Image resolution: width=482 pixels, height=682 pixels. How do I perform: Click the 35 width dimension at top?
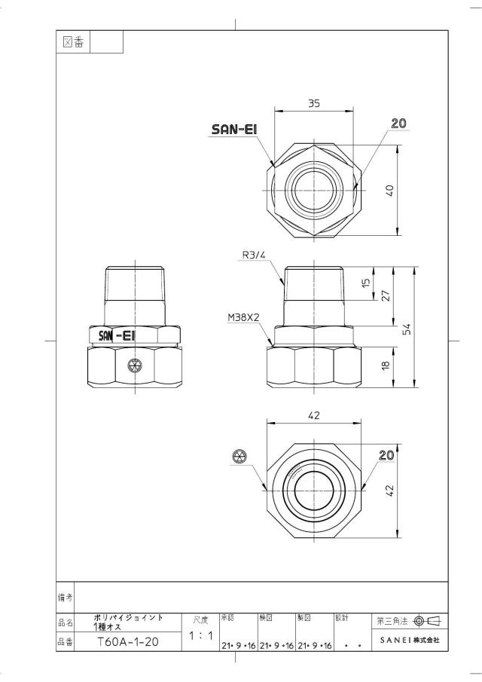(x=314, y=103)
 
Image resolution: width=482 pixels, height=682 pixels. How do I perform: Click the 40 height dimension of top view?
(x=390, y=191)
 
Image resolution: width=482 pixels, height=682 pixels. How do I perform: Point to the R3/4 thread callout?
(x=253, y=255)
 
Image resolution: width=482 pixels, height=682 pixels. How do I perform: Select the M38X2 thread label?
(x=243, y=318)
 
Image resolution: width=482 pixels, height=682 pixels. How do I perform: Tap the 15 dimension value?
(x=366, y=283)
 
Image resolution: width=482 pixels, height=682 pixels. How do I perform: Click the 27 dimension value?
(x=386, y=295)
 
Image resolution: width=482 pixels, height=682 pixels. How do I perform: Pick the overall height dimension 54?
(x=407, y=329)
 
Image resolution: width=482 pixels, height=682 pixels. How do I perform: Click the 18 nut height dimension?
(x=386, y=365)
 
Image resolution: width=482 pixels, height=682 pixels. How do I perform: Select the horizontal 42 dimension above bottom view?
(x=314, y=415)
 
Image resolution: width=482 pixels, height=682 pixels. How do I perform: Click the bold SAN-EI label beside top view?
(x=235, y=129)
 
